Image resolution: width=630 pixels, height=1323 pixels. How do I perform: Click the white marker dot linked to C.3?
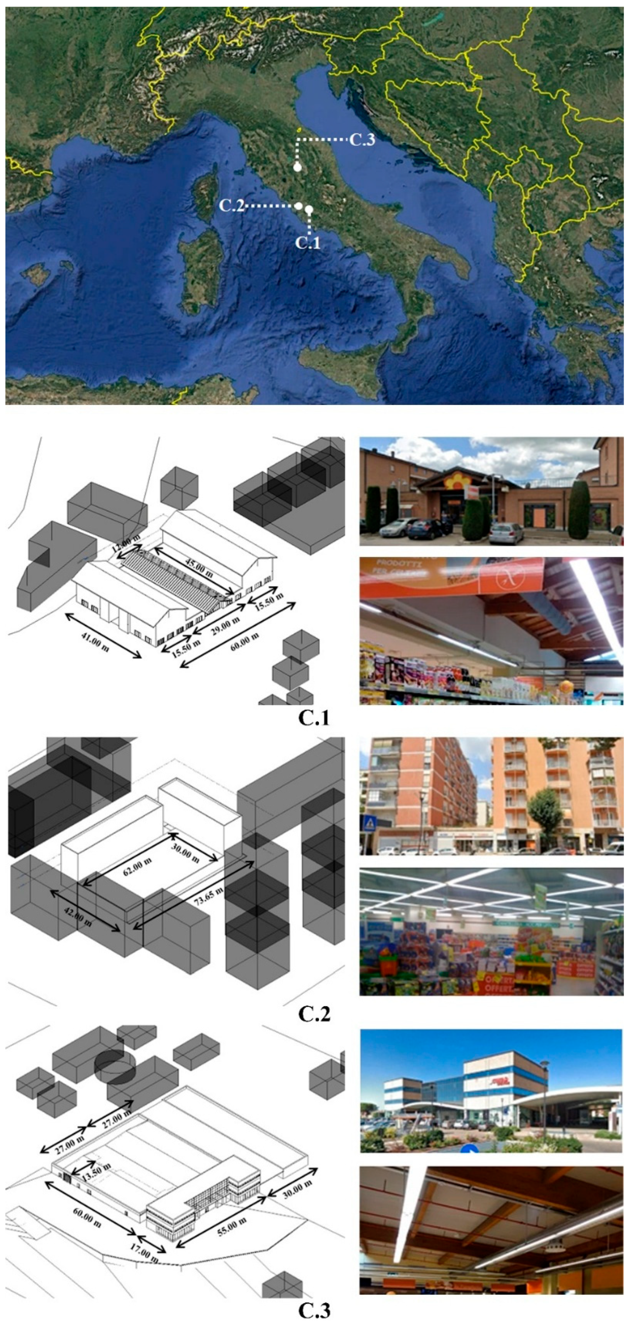[297, 167]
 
